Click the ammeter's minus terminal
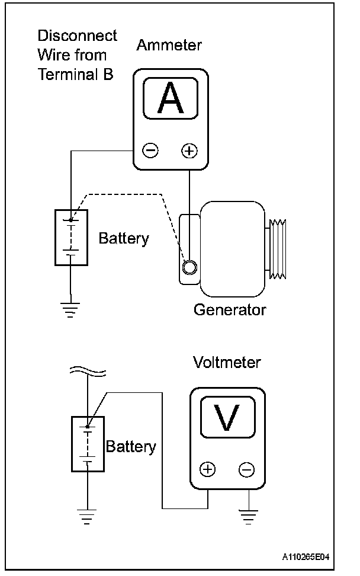click(150, 151)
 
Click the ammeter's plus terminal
click(189, 151)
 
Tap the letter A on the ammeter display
click(171, 98)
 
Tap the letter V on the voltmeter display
click(227, 417)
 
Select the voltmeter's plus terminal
click(208, 469)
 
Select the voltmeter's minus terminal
click(246, 469)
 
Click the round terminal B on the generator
click(189, 267)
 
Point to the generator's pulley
click(278, 249)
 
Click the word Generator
click(230, 310)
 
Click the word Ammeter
click(169, 45)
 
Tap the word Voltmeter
click(227, 363)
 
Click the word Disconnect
click(78, 36)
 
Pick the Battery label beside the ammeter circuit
click(124, 239)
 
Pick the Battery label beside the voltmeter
click(131, 447)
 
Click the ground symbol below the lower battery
click(87, 517)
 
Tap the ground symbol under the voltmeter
click(249, 517)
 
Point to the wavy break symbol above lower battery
click(88, 372)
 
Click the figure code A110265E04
click(306, 557)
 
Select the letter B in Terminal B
click(108, 75)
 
